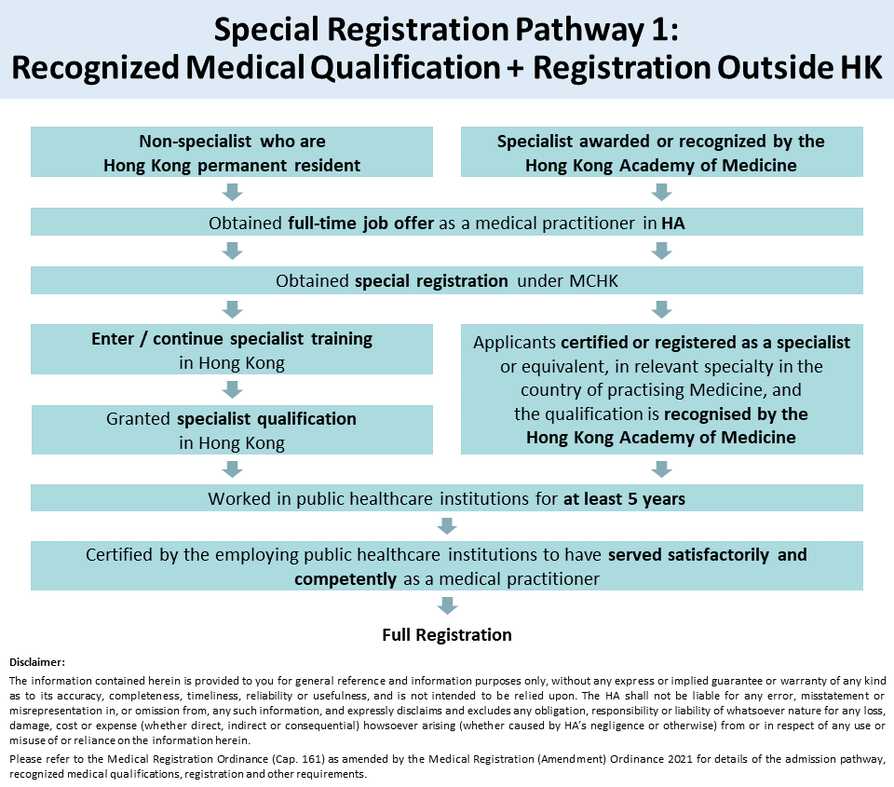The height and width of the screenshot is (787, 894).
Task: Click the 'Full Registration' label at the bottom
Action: [447, 635]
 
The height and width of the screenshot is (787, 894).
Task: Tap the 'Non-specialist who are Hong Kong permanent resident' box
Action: [232, 152]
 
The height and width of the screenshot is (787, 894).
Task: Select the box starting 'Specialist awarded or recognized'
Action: [661, 152]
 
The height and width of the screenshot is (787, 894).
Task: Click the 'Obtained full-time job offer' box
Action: [447, 222]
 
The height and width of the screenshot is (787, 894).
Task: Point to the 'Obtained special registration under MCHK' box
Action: [447, 280]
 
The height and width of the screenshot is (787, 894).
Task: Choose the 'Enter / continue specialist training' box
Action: [232, 349]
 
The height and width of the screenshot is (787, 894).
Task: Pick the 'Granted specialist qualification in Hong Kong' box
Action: [232, 430]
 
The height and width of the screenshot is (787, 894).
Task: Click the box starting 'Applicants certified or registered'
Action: [661, 389]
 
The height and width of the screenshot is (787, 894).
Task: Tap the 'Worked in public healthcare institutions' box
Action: [447, 498]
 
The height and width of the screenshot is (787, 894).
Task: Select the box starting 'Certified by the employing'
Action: [447, 565]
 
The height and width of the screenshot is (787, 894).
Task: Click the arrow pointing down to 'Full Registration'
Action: [447, 605]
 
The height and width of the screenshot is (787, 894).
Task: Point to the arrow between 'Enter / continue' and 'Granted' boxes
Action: [232, 389]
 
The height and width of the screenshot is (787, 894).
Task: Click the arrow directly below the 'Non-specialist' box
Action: [232, 192]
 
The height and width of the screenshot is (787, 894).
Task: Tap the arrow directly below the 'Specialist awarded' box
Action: [661, 192]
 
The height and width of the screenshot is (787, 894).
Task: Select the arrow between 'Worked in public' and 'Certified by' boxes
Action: [447, 526]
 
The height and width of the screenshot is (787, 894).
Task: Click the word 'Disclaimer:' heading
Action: [37, 662]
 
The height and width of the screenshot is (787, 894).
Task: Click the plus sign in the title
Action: [514, 68]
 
